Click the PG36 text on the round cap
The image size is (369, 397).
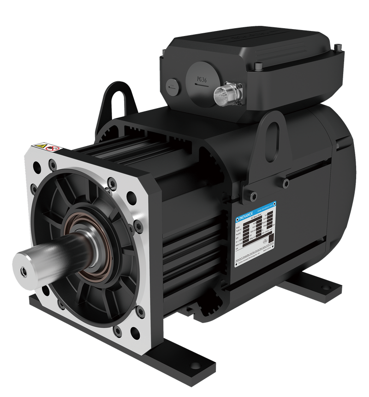202,79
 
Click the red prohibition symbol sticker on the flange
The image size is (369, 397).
55,149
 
